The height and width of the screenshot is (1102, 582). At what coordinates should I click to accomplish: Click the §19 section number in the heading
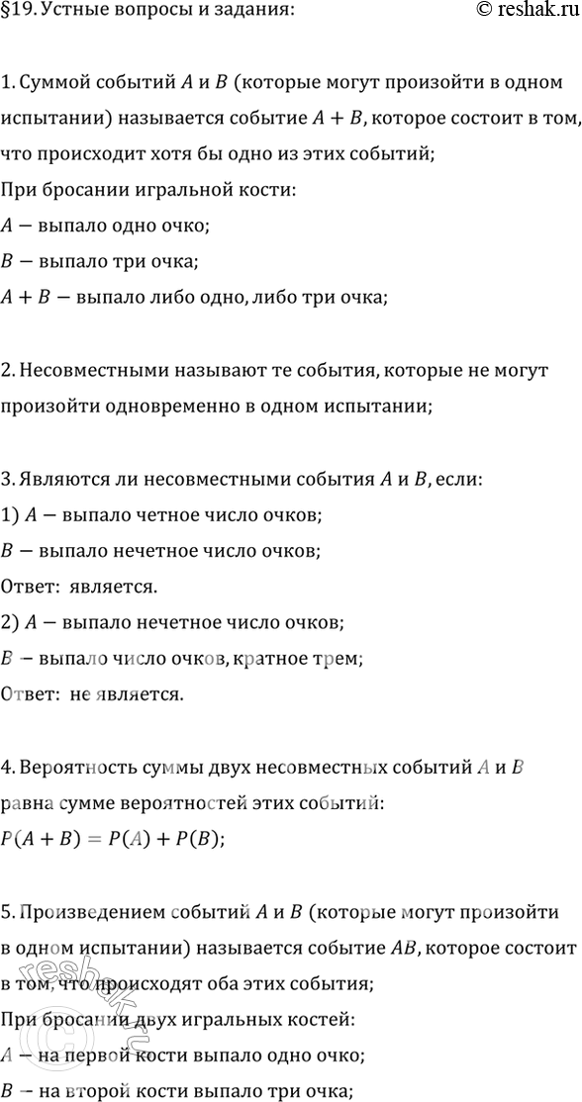tap(17, 11)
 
